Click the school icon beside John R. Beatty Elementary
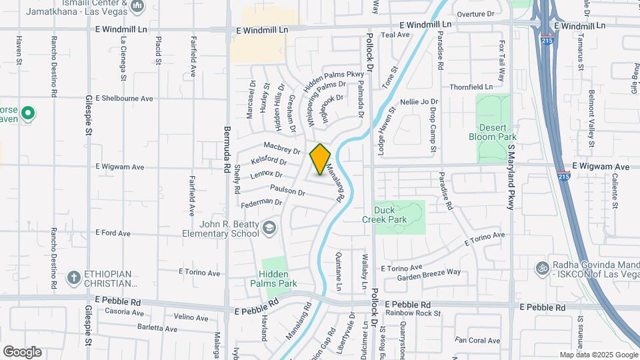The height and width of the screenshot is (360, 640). click(269, 228)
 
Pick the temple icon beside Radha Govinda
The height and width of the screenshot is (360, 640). click(543, 267)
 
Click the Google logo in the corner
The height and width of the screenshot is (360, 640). click(22, 351)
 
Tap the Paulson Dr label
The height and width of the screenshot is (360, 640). click(288, 191)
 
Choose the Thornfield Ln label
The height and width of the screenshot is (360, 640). click(471, 87)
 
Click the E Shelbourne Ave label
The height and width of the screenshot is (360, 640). click(124, 98)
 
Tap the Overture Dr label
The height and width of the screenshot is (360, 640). click(475, 13)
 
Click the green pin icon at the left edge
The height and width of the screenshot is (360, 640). click(27, 113)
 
